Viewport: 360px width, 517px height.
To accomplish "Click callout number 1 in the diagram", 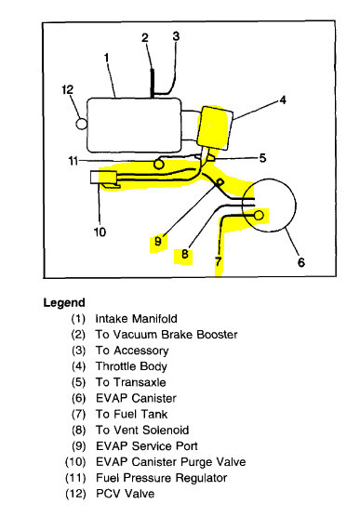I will tap(107, 58).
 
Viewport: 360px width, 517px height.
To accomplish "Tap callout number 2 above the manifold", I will tap(145, 38).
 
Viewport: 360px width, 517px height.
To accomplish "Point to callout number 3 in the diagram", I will tap(175, 35).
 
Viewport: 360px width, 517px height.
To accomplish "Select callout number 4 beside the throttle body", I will tap(282, 98).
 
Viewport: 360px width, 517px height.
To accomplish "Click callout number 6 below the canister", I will tap(300, 262).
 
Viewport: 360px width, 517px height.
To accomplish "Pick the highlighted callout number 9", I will tap(157, 241).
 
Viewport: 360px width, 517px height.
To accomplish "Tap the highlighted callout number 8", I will tap(186, 252).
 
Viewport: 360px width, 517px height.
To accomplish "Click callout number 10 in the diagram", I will tap(100, 232).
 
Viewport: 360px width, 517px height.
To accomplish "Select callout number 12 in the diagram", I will tap(66, 91).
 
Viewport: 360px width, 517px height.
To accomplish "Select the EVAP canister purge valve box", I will tap(100, 178).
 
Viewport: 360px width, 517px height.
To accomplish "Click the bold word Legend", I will tap(64, 302).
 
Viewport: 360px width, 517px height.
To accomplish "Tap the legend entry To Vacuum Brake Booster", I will tap(167, 334).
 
